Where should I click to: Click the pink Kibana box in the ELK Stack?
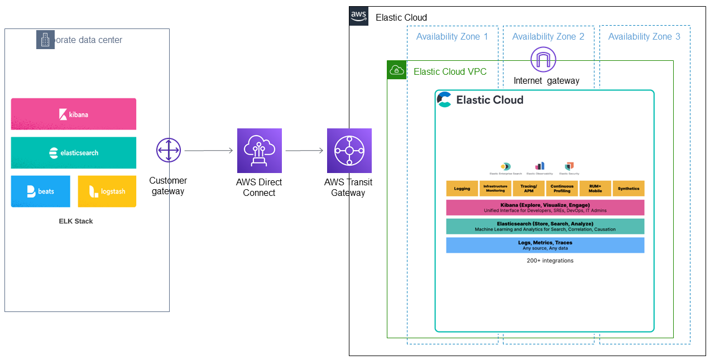pyautogui.click(x=73, y=114)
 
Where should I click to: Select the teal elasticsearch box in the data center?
pyautogui.click(x=73, y=152)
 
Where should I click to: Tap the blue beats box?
pyautogui.click(x=40, y=191)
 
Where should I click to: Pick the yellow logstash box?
pyautogui.click(x=107, y=191)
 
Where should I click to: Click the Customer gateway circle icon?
pyautogui.click(x=169, y=151)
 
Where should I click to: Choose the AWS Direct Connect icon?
pyautogui.click(x=259, y=151)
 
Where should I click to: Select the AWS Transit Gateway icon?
pyautogui.click(x=349, y=151)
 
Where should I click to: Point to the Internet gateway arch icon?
pyautogui.click(x=544, y=60)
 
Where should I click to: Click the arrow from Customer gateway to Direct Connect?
pyautogui.click(x=208, y=151)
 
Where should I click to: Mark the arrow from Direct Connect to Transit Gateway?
pyautogui.click(x=304, y=151)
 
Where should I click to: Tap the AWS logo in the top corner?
pyautogui.click(x=359, y=16)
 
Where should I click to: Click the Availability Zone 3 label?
pyautogui.click(x=644, y=36)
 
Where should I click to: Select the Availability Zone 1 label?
pyautogui.click(x=452, y=36)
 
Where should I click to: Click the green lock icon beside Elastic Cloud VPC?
pyautogui.click(x=397, y=70)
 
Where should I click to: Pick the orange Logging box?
pyautogui.click(x=462, y=189)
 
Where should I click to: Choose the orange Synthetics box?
pyautogui.click(x=629, y=189)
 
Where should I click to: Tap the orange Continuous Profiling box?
pyautogui.click(x=562, y=189)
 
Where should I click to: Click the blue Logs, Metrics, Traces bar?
pyautogui.click(x=545, y=245)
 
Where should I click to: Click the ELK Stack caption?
pyautogui.click(x=76, y=221)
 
